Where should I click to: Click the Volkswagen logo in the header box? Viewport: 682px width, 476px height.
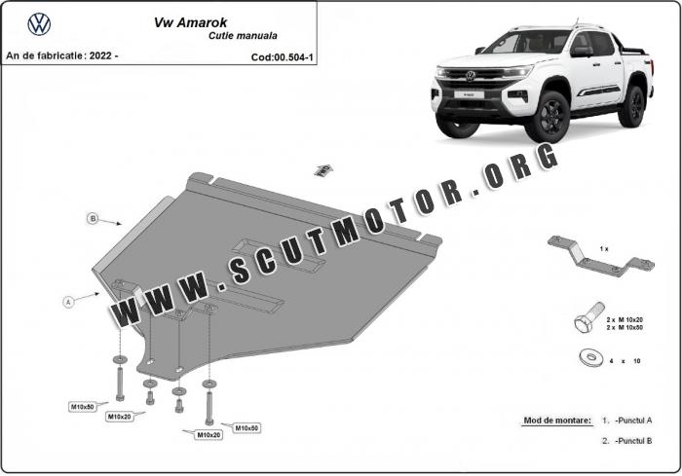click(x=39, y=24)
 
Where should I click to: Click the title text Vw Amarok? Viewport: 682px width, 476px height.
click(x=190, y=22)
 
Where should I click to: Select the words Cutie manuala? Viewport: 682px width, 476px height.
click(x=243, y=36)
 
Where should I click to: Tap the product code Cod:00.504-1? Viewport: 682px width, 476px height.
click(x=282, y=57)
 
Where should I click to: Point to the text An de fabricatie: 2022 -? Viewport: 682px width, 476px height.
click(x=62, y=55)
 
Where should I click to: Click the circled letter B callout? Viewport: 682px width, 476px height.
click(x=93, y=218)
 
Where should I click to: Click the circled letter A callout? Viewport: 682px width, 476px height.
click(x=68, y=301)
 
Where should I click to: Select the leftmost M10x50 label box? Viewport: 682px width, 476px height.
click(x=83, y=407)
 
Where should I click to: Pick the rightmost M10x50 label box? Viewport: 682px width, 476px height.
click(x=246, y=428)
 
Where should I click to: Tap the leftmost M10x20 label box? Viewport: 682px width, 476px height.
click(x=119, y=417)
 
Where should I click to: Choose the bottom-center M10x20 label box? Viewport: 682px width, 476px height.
click(x=208, y=435)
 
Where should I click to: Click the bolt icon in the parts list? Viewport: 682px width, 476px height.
click(x=588, y=317)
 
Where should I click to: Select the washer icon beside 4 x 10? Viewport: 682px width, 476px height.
click(x=591, y=358)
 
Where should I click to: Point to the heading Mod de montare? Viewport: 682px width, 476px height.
click(x=557, y=421)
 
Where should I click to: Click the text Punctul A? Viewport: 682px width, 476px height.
click(x=633, y=421)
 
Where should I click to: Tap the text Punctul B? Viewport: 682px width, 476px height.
click(x=633, y=441)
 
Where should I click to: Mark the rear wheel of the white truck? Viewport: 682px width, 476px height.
click(x=631, y=106)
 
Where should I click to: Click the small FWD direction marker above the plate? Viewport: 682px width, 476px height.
click(x=323, y=170)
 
